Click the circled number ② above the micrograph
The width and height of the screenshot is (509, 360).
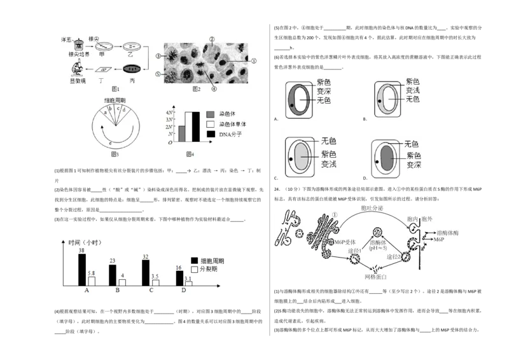(x=212, y=39)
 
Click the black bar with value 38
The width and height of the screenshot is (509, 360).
(x=82, y=270)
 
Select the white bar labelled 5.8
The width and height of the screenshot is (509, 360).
(x=92, y=280)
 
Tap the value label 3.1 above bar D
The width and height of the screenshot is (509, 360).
(x=188, y=278)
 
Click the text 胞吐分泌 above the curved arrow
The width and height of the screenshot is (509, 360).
(x=373, y=208)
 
